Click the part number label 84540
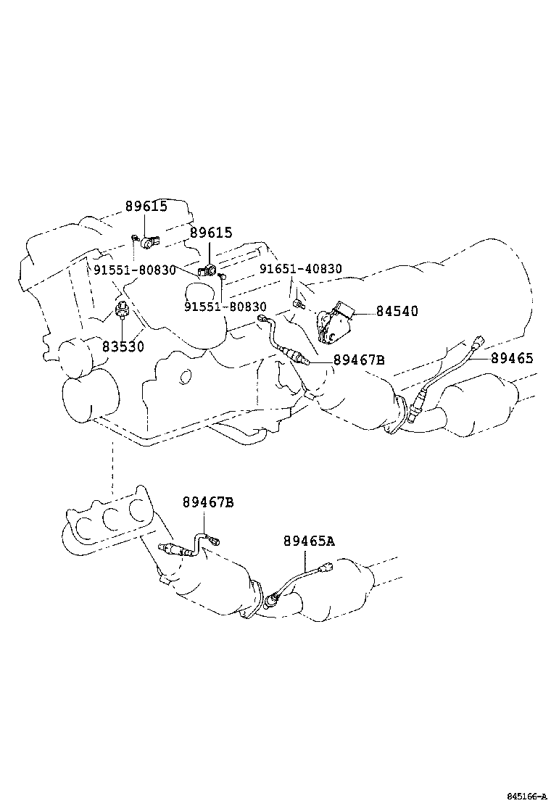pos(397,311)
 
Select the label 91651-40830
pos(301,269)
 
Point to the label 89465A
pos(309,541)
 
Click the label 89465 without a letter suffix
pos(512,357)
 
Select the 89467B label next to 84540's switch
pos(359,360)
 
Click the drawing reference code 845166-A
pos(526,796)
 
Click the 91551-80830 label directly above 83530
pos(135,270)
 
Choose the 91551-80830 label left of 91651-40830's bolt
pos(225,307)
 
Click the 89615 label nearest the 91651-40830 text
pos(211,233)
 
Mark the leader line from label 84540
pos(362,312)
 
